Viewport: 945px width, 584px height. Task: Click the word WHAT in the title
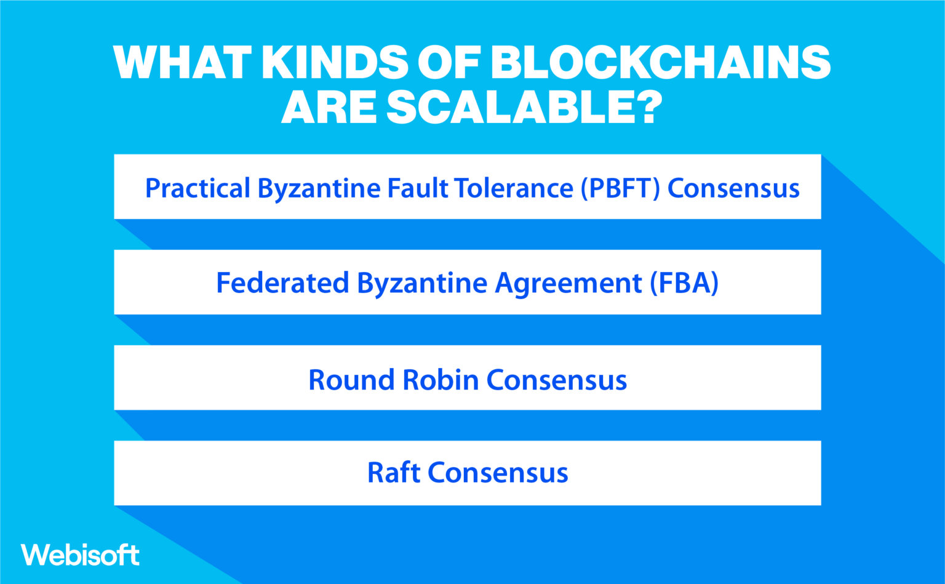coord(182,62)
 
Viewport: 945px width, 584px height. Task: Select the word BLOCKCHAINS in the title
coord(660,62)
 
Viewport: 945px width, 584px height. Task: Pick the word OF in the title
coord(447,62)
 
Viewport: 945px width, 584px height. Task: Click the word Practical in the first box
coord(197,188)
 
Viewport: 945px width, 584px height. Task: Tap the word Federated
coord(282,283)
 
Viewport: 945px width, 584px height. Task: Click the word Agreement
coord(568,284)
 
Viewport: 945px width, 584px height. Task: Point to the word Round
coord(351,380)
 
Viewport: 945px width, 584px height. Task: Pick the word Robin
coord(441,380)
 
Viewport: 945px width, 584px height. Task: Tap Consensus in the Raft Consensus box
coord(498,473)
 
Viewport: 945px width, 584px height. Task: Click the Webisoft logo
coord(80,555)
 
